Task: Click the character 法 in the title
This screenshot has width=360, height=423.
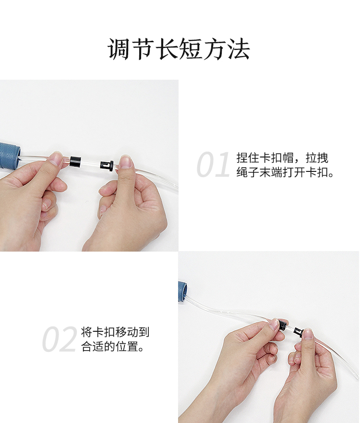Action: pos(239,49)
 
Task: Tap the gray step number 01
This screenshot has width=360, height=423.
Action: pos(213,164)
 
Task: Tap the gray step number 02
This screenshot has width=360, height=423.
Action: pos(60,338)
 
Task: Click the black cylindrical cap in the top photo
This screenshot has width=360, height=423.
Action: pos(75,161)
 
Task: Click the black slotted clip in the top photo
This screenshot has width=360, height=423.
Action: pos(107,165)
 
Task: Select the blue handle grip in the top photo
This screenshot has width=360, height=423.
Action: pos(10,155)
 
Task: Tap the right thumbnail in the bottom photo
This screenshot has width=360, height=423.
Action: pos(308,334)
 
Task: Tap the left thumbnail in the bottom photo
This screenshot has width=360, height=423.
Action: pos(274,324)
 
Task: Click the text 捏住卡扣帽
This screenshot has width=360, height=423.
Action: pos(265,158)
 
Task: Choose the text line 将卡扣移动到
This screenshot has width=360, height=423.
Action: pos(115,332)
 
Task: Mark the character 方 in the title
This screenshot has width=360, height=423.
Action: pos(215,49)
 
